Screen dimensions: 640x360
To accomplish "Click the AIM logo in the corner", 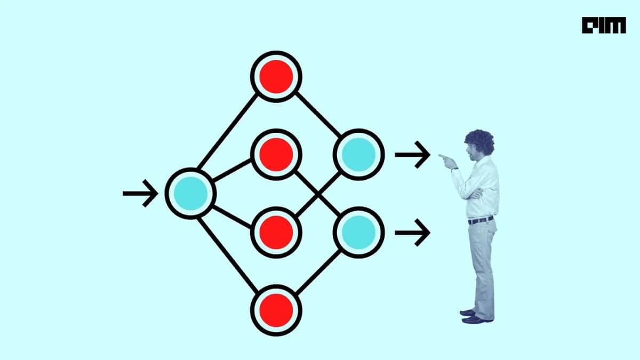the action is [604, 25].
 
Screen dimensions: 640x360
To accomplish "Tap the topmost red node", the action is [276, 77].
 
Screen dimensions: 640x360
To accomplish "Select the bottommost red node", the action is [276, 310].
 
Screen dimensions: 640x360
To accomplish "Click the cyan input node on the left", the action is [190, 194].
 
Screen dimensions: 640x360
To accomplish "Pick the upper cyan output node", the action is [358, 155].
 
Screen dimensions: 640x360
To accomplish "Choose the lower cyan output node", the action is [358, 233].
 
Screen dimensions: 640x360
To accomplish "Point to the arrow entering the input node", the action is [140, 194].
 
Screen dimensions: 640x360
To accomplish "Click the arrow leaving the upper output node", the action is [413, 155].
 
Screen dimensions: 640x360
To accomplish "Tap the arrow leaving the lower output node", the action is [413, 233].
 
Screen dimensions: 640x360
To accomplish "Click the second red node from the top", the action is [276, 155].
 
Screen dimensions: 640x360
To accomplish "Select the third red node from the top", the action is [276, 233].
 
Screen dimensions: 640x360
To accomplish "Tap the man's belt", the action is [481, 220].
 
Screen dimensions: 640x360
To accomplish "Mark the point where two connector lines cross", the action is [318, 195].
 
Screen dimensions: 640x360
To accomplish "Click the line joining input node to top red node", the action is [228, 131].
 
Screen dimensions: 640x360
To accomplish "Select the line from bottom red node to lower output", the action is [318, 272].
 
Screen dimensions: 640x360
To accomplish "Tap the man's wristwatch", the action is [454, 169].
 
